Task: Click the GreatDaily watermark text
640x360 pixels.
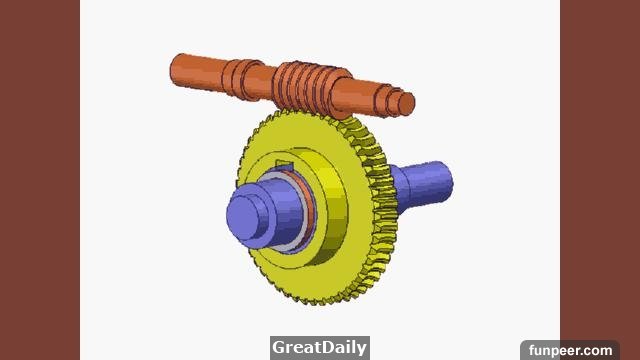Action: pos(320,347)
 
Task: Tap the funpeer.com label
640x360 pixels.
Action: pos(570,350)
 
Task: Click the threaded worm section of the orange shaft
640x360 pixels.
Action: pos(310,87)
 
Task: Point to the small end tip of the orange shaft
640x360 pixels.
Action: pos(407,103)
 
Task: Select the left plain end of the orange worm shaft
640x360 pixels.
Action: pos(197,71)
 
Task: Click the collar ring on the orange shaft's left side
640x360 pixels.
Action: pos(243,80)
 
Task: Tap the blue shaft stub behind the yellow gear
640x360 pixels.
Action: pos(422,186)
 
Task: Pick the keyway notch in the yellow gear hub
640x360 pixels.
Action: pos(284,165)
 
